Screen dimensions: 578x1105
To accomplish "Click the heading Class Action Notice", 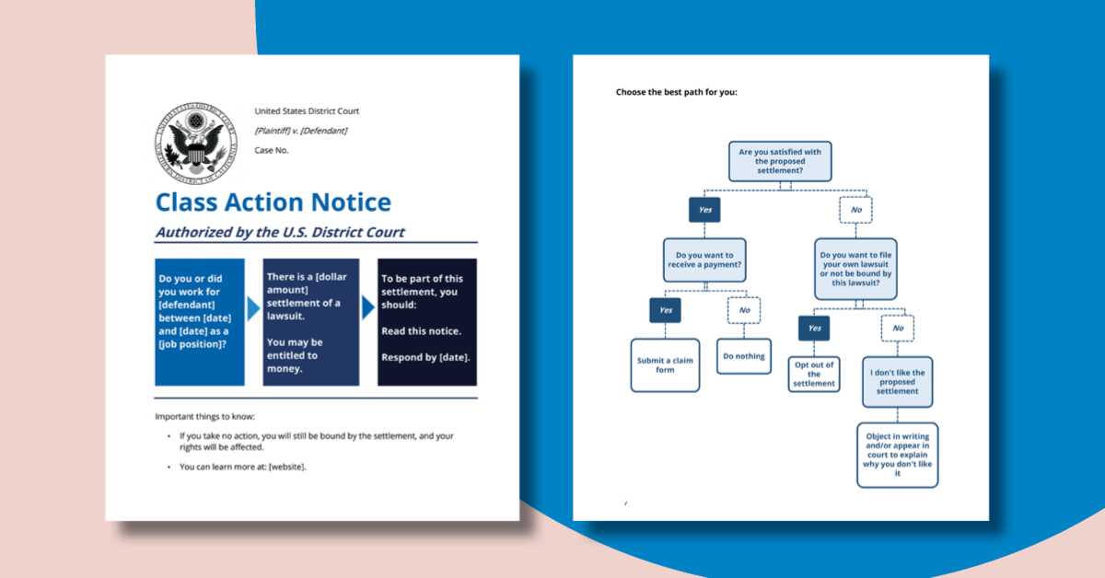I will [x=273, y=202].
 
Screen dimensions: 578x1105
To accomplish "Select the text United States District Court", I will [x=307, y=111].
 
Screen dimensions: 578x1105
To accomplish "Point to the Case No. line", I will [x=272, y=150].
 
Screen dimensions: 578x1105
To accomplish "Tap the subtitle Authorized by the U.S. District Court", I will [x=280, y=232].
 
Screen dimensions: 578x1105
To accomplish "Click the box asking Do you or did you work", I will [x=200, y=321].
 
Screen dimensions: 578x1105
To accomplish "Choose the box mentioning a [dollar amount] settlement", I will [x=310, y=321].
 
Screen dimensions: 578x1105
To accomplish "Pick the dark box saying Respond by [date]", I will [x=426, y=321].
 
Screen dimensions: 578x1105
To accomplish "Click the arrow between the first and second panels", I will [x=254, y=308].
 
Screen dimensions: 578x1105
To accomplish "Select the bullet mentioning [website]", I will [x=242, y=467].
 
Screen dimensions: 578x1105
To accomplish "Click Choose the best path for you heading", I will [x=677, y=92].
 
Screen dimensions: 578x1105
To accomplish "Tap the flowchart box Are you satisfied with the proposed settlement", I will [x=780, y=160].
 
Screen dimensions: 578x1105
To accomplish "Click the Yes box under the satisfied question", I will [x=704, y=210].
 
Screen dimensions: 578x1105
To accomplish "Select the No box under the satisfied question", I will [x=855, y=210].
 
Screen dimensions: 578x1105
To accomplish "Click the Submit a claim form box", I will [x=665, y=365].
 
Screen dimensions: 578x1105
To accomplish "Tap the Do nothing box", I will [x=744, y=356].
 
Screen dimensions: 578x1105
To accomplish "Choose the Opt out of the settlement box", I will [x=814, y=374].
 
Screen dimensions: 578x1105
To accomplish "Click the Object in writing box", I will [x=897, y=454].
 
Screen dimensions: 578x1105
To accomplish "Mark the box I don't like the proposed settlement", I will [x=897, y=382].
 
